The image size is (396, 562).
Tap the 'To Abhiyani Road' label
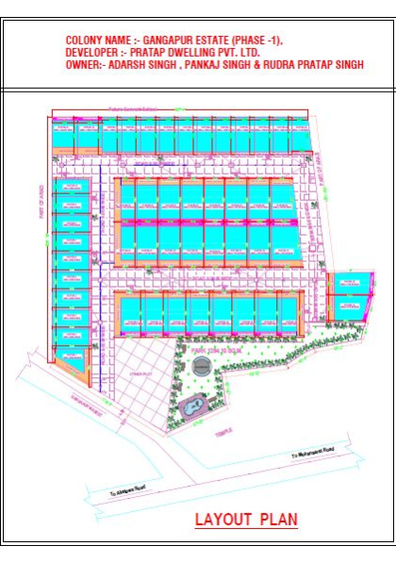click(x=130, y=490)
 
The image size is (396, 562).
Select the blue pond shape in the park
click(x=192, y=406)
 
